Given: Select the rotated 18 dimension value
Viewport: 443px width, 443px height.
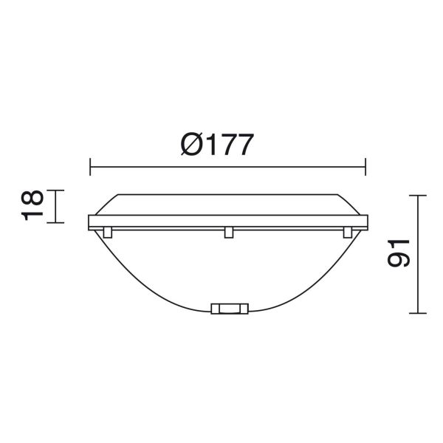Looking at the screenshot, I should pos(32,205).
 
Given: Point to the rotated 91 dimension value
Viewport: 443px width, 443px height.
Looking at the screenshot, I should pos(399,253).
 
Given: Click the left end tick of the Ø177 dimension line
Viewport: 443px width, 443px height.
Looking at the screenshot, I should pos(89,166).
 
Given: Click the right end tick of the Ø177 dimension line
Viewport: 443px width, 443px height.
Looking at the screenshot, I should pos(365,166).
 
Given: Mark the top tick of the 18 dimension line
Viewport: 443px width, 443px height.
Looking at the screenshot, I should pos(58,190).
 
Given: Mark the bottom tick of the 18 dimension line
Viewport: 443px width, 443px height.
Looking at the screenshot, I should pos(58,222).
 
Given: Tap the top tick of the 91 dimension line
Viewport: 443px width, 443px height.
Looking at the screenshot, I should pos(418,196).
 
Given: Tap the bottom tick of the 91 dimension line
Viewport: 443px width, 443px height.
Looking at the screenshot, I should pos(418,313).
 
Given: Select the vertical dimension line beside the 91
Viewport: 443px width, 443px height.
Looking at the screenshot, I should pos(418,281).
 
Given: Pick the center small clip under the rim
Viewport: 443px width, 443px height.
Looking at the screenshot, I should pos(229,233).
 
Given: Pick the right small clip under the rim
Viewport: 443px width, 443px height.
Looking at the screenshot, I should pos(347,233).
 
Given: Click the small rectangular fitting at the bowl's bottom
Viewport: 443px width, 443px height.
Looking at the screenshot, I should pos(230,309).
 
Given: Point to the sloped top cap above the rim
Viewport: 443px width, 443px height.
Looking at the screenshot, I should pos(229,203).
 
